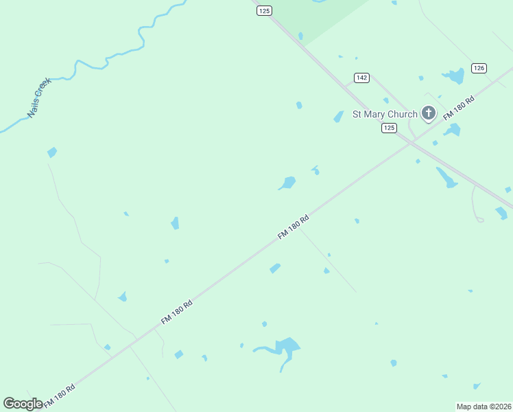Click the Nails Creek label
tap(39, 98)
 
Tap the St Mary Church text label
tap(384, 114)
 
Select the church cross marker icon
tap(429, 113)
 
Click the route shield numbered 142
tap(362, 78)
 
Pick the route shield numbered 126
tap(479, 68)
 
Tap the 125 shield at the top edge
tap(265, 10)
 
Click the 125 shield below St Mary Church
tap(389, 128)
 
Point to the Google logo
tap(23, 404)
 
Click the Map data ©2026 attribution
tap(484, 407)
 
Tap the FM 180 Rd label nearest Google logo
tap(59, 397)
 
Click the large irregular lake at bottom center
tap(286, 346)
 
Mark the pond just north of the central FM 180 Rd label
tap(287, 183)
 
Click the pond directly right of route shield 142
tap(453, 76)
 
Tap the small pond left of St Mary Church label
tap(338, 117)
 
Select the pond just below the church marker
tap(452, 129)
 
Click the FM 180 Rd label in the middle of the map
tap(294, 227)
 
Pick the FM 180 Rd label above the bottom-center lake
tap(176, 312)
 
